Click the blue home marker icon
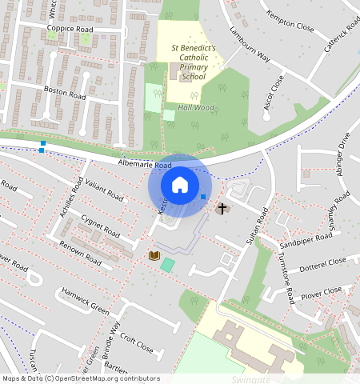[180, 185]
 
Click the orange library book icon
[154, 255]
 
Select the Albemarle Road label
[145, 165]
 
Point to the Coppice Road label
[70, 29]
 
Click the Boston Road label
[65, 93]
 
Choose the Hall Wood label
[195, 107]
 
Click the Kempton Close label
[290, 38]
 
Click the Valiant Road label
[104, 190]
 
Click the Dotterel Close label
[323, 262]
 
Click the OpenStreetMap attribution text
[80, 378]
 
